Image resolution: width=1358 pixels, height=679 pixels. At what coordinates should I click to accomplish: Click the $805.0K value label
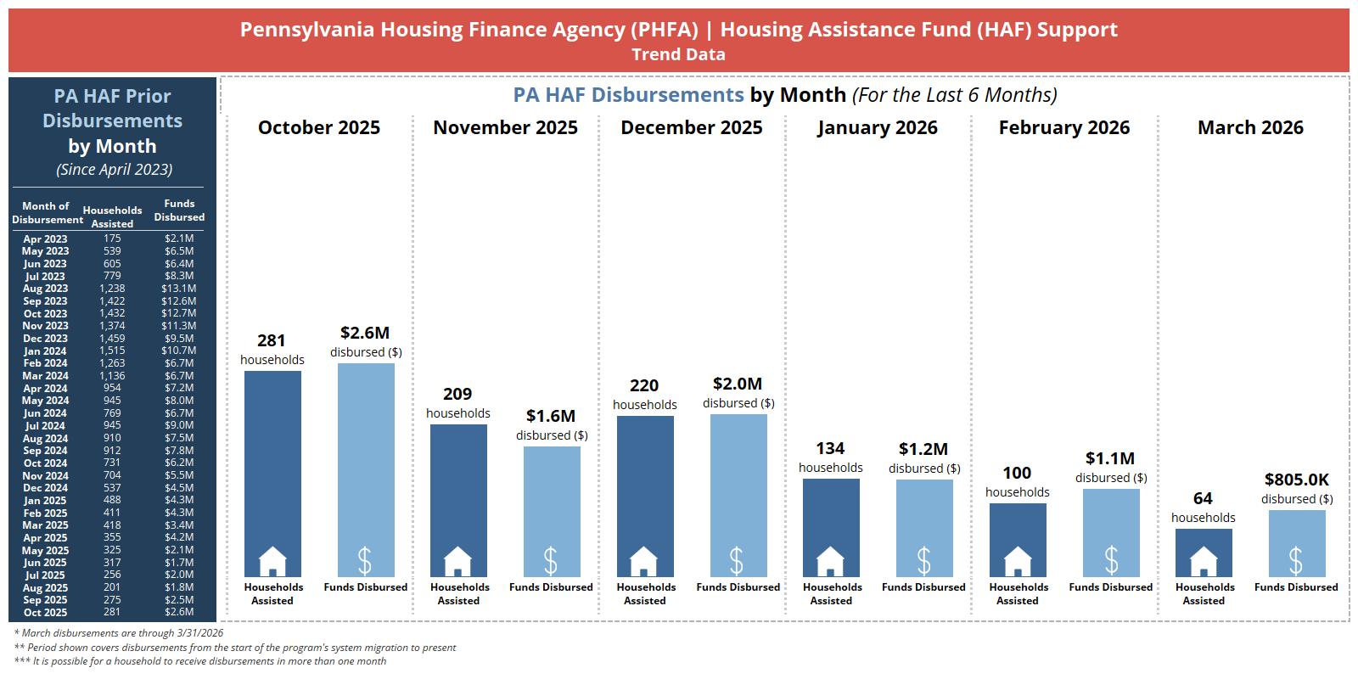[1297, 480]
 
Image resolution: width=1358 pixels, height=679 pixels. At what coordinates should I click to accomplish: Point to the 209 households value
[457, 395]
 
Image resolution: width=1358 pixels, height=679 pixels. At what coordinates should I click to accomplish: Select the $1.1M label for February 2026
[1110, 458]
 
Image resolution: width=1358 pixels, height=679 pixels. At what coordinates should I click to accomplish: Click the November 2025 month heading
[505, 127]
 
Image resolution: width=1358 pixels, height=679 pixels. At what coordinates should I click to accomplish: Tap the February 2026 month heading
[1064, 127]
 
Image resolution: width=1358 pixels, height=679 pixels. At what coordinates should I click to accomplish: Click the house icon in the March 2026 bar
[1204, 561]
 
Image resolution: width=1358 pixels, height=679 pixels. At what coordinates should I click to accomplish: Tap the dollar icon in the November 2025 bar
[551, 561]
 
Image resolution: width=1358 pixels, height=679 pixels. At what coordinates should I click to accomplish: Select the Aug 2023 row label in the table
[45, 289]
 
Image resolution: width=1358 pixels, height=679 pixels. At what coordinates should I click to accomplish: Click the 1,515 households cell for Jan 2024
[112, 351]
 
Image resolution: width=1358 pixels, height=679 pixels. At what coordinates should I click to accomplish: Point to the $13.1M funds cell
[178, 289]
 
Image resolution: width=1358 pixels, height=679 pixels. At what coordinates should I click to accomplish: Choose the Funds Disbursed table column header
[179, 210]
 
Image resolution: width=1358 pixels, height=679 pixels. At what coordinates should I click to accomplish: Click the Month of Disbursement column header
[47, 213]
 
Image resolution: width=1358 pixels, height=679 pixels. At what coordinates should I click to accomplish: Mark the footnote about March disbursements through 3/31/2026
[119, 633]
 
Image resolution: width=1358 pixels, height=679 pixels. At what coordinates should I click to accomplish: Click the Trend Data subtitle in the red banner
[678, 55]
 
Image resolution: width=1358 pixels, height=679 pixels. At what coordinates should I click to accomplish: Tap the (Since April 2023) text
[114, 170]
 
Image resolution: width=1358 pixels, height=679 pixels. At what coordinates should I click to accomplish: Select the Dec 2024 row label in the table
[45, 488]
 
